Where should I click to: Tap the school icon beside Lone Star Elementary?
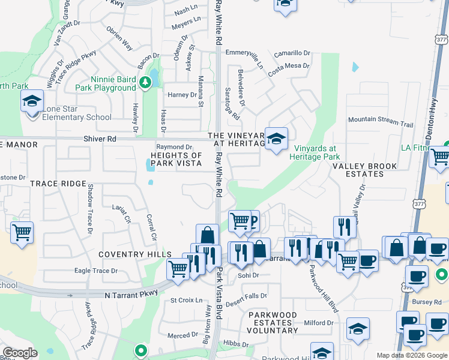click(32, 101)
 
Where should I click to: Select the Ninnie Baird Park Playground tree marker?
click(144, 82)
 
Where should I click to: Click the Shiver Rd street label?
click(100, 139)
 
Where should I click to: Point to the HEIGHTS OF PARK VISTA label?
click(172, 159)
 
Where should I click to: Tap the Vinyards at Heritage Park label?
click(315, 152)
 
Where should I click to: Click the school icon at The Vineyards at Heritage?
click(276, 139)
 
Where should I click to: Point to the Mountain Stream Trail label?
click(381, 121)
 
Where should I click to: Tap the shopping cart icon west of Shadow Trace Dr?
click(22, 232)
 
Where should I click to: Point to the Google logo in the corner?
click(20, 352)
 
